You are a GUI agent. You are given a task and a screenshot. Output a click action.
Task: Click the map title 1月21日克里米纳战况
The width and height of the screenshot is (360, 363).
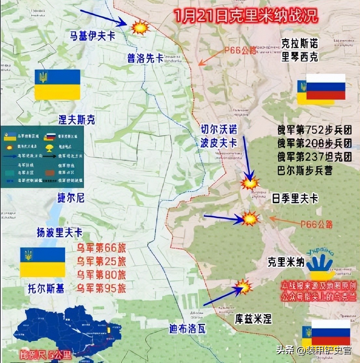pyautogui.click(x=245, y=15)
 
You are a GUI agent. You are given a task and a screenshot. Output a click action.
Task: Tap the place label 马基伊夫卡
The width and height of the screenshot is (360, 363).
pyautogui.click(x=92, y=36)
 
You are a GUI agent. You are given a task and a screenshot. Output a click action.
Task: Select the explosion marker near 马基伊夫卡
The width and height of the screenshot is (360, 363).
pyautogui.click(x=140, y=27)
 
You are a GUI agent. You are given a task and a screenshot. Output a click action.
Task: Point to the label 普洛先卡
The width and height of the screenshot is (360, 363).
pyautogui.click(x=145, y=58)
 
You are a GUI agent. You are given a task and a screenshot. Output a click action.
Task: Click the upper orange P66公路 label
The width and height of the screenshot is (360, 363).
pyautogui.click(x=240, y=51)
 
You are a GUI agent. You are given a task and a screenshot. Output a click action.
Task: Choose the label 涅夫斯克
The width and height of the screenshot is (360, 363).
pyautogui.click(x=77, y=120)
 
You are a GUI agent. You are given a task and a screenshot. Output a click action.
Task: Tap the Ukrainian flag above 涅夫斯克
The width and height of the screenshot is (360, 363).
pyautogui.click(x=57, y=85)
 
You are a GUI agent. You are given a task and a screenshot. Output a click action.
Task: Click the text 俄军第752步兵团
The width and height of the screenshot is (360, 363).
pyautogui.click(x=314, y=130)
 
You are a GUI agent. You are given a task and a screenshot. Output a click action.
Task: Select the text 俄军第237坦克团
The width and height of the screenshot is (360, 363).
pyautogui.click(x=314, y=157)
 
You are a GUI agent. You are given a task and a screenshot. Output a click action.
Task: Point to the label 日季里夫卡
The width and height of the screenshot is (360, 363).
pyautogui.click(x=295, y=198)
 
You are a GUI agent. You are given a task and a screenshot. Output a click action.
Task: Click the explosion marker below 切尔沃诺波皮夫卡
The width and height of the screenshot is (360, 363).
pyautogui.click(x=250, y=184)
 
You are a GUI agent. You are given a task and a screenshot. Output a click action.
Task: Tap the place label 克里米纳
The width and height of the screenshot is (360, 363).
pyautogui.click(x=286, y=262)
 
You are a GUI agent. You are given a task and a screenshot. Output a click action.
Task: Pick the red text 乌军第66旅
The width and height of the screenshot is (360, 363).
pyautogui.click(x=101, y=248)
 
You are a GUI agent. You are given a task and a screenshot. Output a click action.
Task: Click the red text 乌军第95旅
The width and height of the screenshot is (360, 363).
pyautogui.click(x=101, y=288)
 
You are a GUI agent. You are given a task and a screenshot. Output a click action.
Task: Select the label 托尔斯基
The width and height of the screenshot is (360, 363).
pyautogui.click(x=46, y=288)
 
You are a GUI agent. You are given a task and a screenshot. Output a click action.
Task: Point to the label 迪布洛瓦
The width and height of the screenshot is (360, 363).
pyautogui.click(x=187, y=329)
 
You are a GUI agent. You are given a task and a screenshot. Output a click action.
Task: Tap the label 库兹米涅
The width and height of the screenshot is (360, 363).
pyautogui.click(x=253, y=319)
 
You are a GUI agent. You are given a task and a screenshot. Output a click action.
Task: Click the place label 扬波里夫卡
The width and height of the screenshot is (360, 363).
pyautogui.click(x=60, y=233)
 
